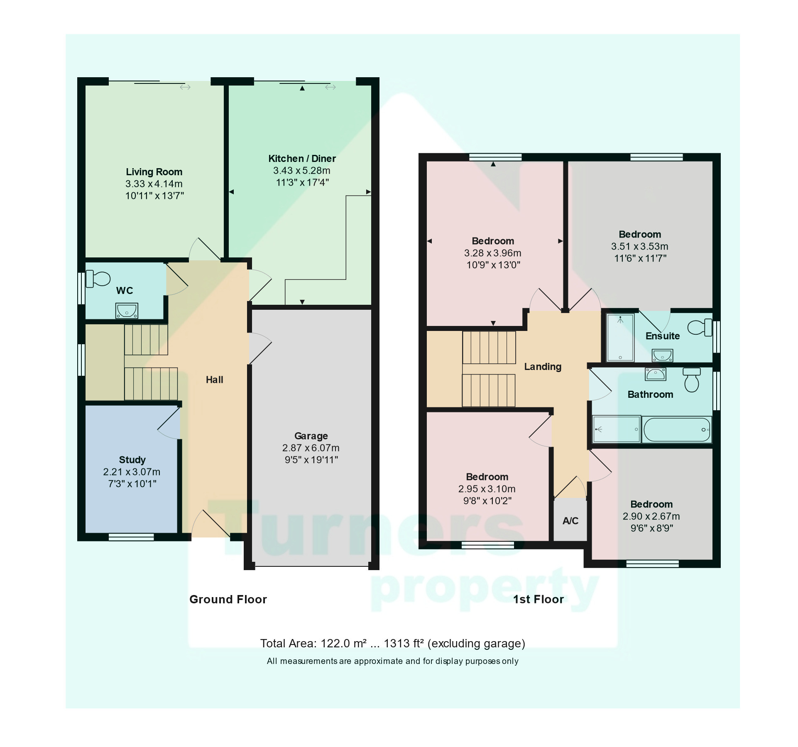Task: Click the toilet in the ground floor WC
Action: tap(98, 279)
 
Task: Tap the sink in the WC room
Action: tap(126, 311)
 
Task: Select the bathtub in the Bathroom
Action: tap(676, 430)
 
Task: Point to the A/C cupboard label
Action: tap(570, 521)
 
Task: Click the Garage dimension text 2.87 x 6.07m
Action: tap(311, 448)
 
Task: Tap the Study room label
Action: tap(132, 460)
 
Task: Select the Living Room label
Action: tap(154, 172)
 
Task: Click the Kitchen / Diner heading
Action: tap(302, 159)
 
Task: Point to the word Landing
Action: tap(542, 367)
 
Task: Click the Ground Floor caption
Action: tap(228, 600)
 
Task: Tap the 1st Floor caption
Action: tap(538, 600)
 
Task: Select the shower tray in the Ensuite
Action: tap(620, 337)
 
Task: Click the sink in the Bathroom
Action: tap(655, 374)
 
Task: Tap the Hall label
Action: tap(214, 380)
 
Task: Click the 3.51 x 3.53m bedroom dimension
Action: tap(639, 246)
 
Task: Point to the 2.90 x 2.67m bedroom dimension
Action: tap(651, 517)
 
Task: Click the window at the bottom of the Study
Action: tap(131, 537)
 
